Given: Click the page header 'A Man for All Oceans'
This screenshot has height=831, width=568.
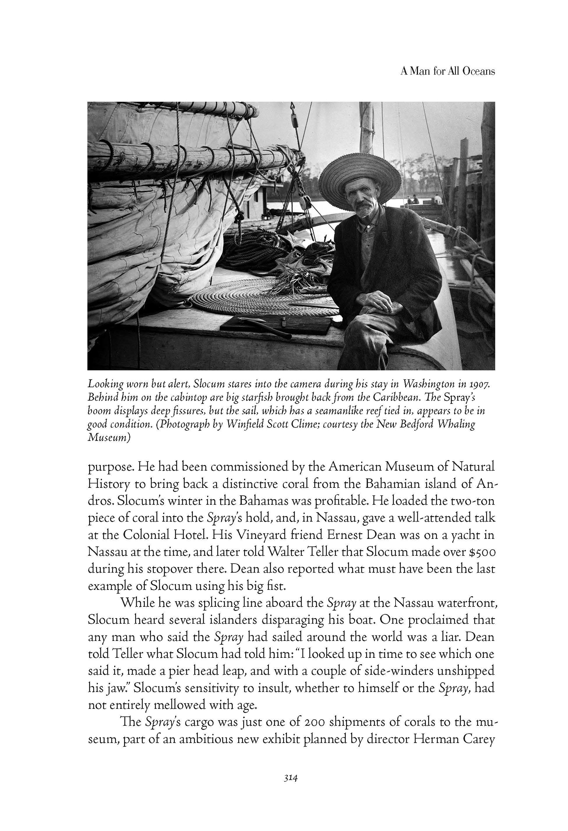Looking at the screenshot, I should pos(448,71).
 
